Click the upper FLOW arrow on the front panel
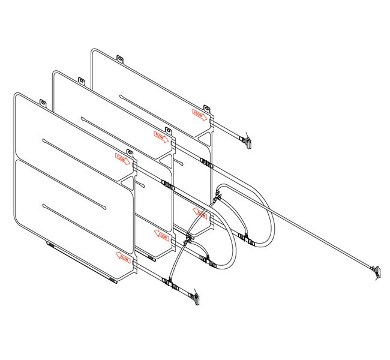pyautogui.click(x=123, y=158)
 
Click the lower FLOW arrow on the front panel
pyautogui.click(x=123, y=257)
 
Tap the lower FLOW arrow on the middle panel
pyautogui.click(x=161, y=235)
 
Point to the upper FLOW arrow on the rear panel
pyautogui.click(x=200, y=114)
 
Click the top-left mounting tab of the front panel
pyautogui.click(x=43, y=103)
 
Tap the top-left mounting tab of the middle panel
pyautogui.click(x=81, y=81)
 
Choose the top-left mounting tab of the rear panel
pyautogui.click(x=119, y=59)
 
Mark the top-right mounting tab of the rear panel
pyautogui.click(x=206, y=109)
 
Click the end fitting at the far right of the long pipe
pyautogui.click(x=376, y=271)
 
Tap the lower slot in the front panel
pyautogui.click(x=74, y=208)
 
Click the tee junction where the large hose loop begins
pyautogui.click(x=218, y=195)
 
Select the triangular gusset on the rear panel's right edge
pyautogui.click(x=206, y=143)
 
